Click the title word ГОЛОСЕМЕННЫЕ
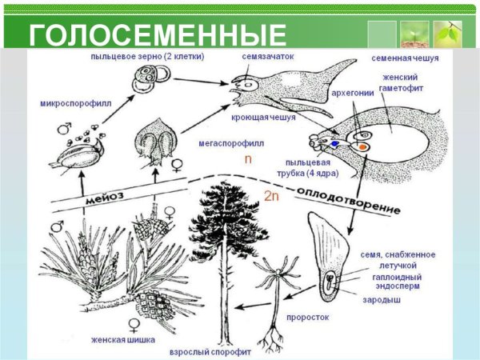tap(158, 36)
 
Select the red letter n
tap(248, 159)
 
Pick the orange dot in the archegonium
tap(363, 147)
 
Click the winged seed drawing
tap(332, 255)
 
